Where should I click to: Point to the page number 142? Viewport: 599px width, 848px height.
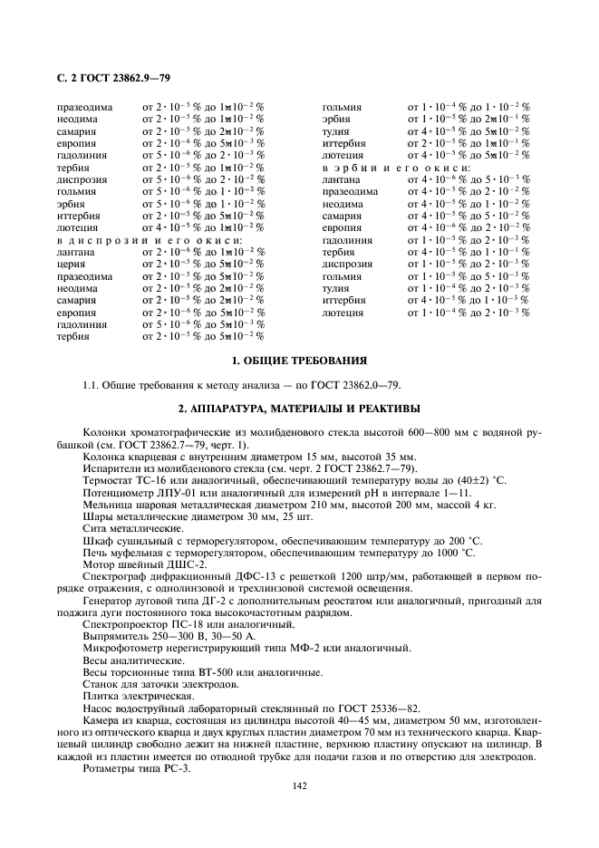pyautogui.click(x=299, y=785)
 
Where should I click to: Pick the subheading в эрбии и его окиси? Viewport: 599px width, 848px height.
pyautogui.click(x=397, y=168)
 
